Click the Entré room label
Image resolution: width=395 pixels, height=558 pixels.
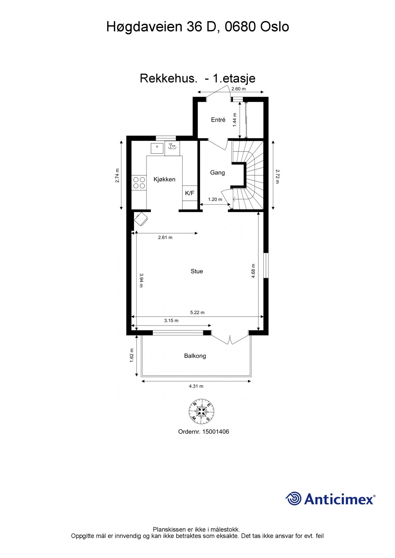click(x=218, y=120)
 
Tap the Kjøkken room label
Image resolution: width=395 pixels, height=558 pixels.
click(x=164, y=179)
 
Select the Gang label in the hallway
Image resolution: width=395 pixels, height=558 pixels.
click(x=217, y=173)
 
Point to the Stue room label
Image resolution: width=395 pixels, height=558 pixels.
click(x=197, y=271)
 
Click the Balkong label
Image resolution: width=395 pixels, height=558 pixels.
click(x=195, y=356)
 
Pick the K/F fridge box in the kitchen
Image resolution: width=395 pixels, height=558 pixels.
click(x=190, y=193)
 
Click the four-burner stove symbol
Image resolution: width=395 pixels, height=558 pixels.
click(x=139, y=182)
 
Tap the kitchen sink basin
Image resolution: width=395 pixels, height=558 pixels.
click(x=157, y=149)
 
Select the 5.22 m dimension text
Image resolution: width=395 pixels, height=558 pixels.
click(x=197, y=312)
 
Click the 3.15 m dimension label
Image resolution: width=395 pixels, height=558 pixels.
click(x=171, y=321)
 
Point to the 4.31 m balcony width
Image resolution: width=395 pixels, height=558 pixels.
click(x=196, y=386)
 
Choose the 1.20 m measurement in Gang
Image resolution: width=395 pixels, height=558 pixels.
click(x=215, y=200)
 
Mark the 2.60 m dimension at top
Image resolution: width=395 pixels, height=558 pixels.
click(x=238, y=89)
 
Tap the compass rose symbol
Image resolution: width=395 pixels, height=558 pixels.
click(x=201, y=411)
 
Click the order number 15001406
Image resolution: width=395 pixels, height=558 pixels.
click(x=216, y=432)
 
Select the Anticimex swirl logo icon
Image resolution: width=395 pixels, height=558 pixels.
click(x=293, y=498)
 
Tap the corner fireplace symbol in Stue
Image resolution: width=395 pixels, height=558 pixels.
click(x=141, y=219)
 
